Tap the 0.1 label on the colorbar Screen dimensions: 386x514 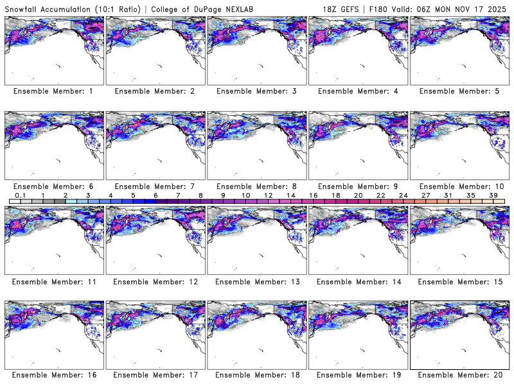[x=20, y=195]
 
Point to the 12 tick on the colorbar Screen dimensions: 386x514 [x=268, y=195]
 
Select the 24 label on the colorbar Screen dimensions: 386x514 [x=403, y=195]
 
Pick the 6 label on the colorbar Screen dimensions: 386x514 [x=155, y=195]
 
